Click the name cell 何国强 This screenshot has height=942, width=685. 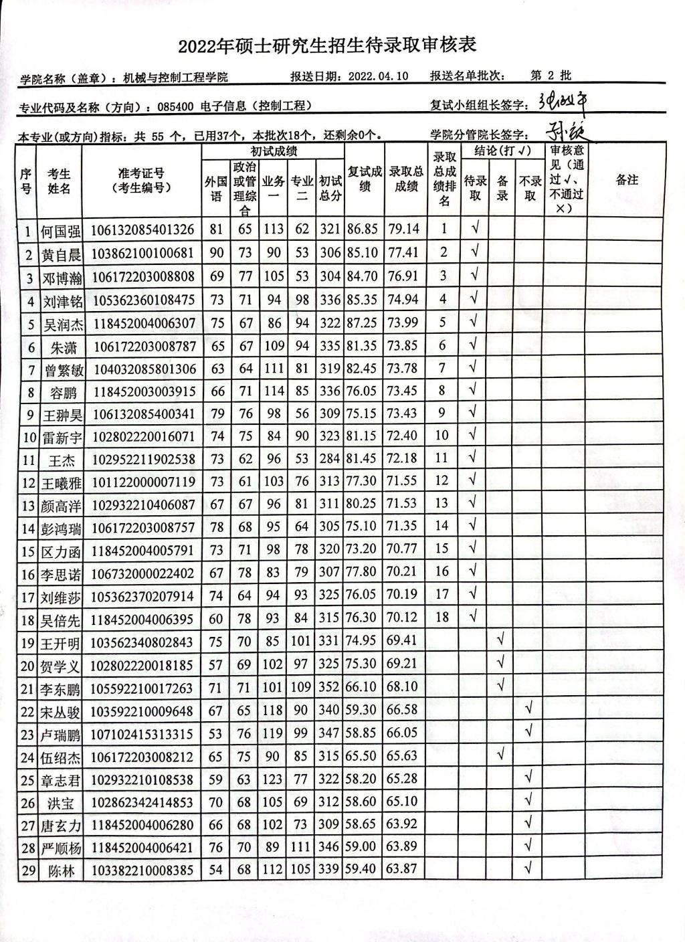tap(60, 231)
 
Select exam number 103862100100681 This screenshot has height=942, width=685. tap(142, 254)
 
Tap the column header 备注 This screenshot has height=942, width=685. tap(626, 180)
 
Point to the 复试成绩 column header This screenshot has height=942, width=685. tap(365, 180)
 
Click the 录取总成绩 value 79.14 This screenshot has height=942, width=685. tap(403, 229)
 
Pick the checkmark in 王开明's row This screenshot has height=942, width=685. tap(500, 640)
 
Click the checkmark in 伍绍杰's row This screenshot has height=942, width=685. tap(500, 755)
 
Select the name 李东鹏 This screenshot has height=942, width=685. tap(60, 688)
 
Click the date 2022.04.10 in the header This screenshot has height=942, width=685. tap(378, 76)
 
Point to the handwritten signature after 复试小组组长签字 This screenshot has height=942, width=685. tap(565, 102)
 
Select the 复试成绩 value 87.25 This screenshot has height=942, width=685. tap(363, 323)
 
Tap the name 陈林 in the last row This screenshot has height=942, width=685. tap(60, 871)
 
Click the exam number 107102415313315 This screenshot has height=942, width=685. tap(142, 734)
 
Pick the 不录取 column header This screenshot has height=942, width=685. tap(529, 188)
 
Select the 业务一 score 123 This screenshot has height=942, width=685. tap(273, 779)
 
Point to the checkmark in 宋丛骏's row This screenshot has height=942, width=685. tap(528, 709)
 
